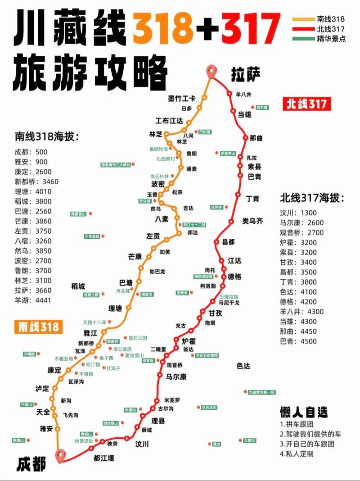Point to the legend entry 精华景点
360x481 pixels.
point(331,39)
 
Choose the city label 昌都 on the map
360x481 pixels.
point(229,242)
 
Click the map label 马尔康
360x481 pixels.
point(176,377)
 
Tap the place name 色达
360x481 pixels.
point(243,366)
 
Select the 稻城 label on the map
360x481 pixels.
point(78,286)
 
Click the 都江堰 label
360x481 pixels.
point(104,458)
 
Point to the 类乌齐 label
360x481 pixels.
point(253,221)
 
